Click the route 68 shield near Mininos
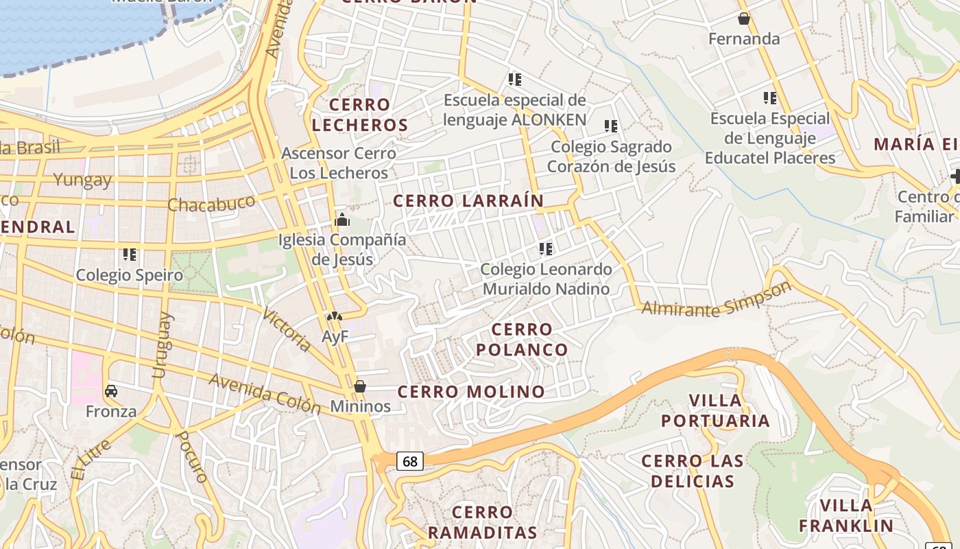(409, 461)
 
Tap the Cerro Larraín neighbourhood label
(468, 200)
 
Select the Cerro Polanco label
(522, 340)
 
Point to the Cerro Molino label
(471, 392)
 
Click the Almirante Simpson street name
(716, 300)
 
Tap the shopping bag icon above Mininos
(360, 386)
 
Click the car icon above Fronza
(111, 391)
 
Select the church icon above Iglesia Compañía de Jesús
(341, 220)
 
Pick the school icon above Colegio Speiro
(130, 255)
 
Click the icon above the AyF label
(334, 316)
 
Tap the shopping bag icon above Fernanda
(743, 19)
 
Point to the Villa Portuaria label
(715, 410)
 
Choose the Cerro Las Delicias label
(692, 471)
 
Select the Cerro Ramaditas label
(482, 522)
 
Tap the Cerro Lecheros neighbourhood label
(360, 115)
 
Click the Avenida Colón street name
(265, 393)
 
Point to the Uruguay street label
(160, 345)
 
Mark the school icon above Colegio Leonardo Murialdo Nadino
(546, 248)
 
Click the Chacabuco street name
(211, 204)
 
